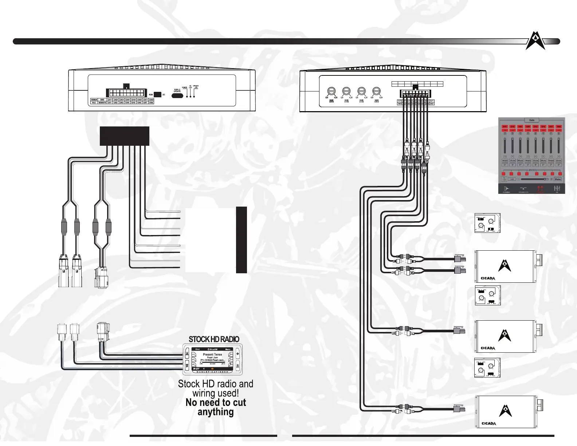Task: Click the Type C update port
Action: coord(177,96)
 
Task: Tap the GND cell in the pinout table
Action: coord(102,99)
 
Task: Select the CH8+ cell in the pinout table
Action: coord(152,99)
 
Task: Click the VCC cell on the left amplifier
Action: coord(94,103)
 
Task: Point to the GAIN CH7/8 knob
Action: coord(377,91)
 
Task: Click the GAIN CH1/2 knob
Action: coord(331,91)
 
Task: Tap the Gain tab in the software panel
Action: coord(531,120)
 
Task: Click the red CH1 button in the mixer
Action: coord(505,126)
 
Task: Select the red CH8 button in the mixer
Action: coord(558,126)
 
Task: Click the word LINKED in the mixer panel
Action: coord(532,170)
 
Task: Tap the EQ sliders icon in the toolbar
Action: coord(557,188)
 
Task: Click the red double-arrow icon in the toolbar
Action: coord(540,188)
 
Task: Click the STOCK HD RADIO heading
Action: coord(214,339)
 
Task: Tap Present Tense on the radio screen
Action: coord(212,354)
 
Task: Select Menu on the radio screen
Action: coord(228,349)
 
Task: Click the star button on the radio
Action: coord(187,365)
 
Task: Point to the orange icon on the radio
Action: coord(212,369)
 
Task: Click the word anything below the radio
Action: coord(216,412)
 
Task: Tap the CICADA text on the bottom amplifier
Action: coord(489,423)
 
